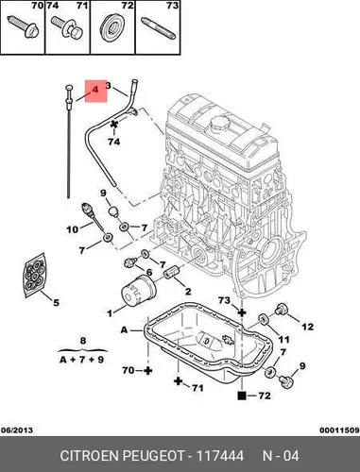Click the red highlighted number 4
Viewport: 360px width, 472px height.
click(94, 90)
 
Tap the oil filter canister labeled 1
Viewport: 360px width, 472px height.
click(139, 292)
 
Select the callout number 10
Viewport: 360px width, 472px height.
click(73, 229)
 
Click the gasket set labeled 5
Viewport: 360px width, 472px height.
click(35, 275)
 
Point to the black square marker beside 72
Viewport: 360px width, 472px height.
click(242, 396)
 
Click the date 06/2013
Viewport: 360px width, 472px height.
click(17, 430)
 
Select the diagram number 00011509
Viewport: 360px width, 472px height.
click(339, 430)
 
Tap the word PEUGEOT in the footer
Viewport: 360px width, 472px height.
click(153, 456)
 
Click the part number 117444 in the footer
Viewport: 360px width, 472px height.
click(220, 456)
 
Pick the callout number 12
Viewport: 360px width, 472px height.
click(308, 327)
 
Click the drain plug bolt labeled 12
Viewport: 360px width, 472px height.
click(282, 309)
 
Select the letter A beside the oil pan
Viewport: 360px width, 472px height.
click(125, 329)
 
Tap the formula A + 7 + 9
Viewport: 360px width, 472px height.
click(82, 360)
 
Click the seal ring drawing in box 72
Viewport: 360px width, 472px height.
click(112, 26)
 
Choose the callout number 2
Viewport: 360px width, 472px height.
click(188, 292)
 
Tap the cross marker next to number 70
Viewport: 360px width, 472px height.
click(147, 371)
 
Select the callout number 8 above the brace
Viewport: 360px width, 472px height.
click(83, 341)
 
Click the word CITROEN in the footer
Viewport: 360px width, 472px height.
click(89, 456)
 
